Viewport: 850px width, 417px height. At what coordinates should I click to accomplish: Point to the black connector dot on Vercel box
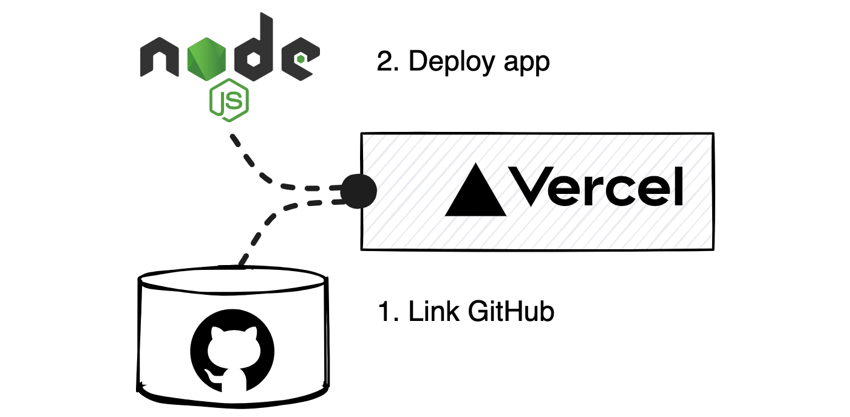pyautogui.click(x=358, y=191)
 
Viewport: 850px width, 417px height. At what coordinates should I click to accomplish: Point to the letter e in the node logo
pyautogui.click(x=299, y=58)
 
